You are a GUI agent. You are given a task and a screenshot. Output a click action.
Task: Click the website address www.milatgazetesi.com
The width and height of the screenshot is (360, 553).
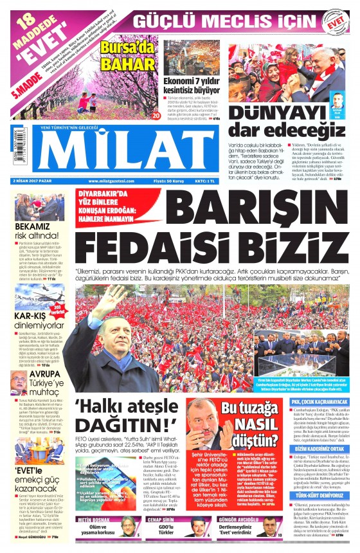pos(112,181)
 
